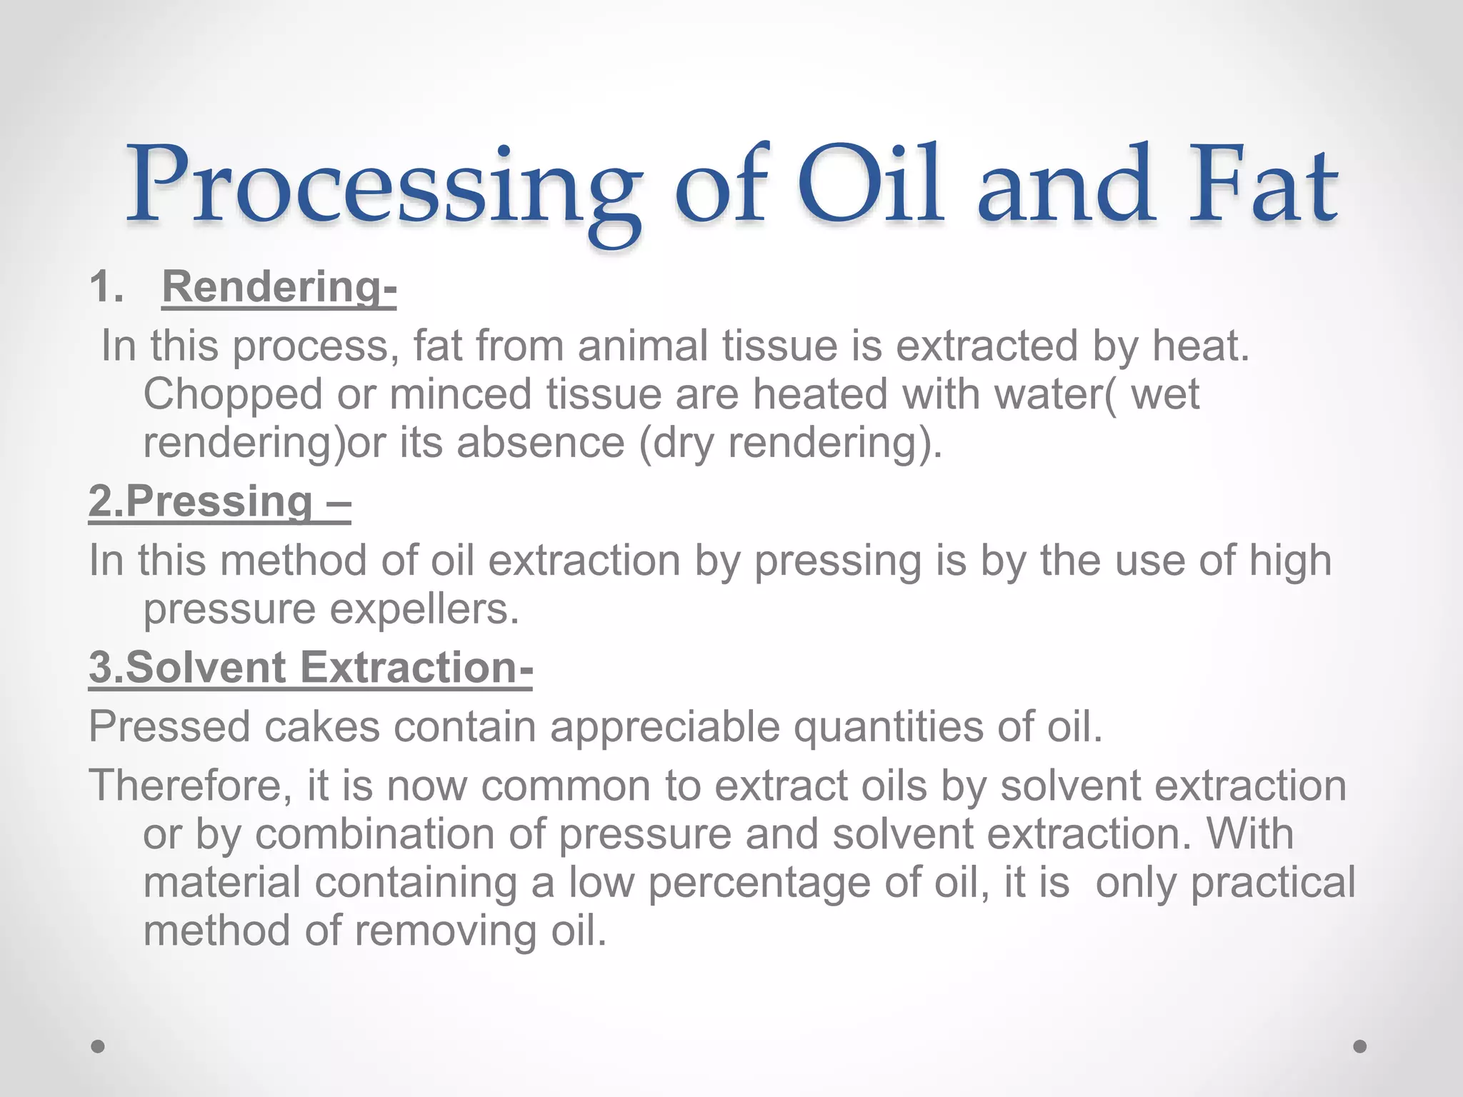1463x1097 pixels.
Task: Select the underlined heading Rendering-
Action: pos(279,287)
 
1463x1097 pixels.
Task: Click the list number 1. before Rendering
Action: pos(106,287)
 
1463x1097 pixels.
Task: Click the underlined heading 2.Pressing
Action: pos(219,501)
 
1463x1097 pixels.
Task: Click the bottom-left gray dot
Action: pos(98,1046)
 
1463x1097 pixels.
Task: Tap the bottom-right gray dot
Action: pos(1360,1046)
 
